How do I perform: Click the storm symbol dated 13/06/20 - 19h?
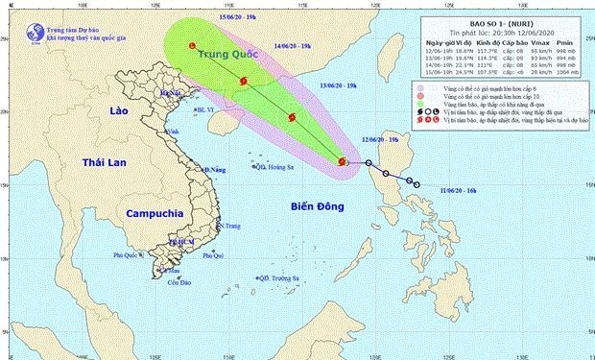293,119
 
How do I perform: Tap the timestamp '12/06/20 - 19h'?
380,140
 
